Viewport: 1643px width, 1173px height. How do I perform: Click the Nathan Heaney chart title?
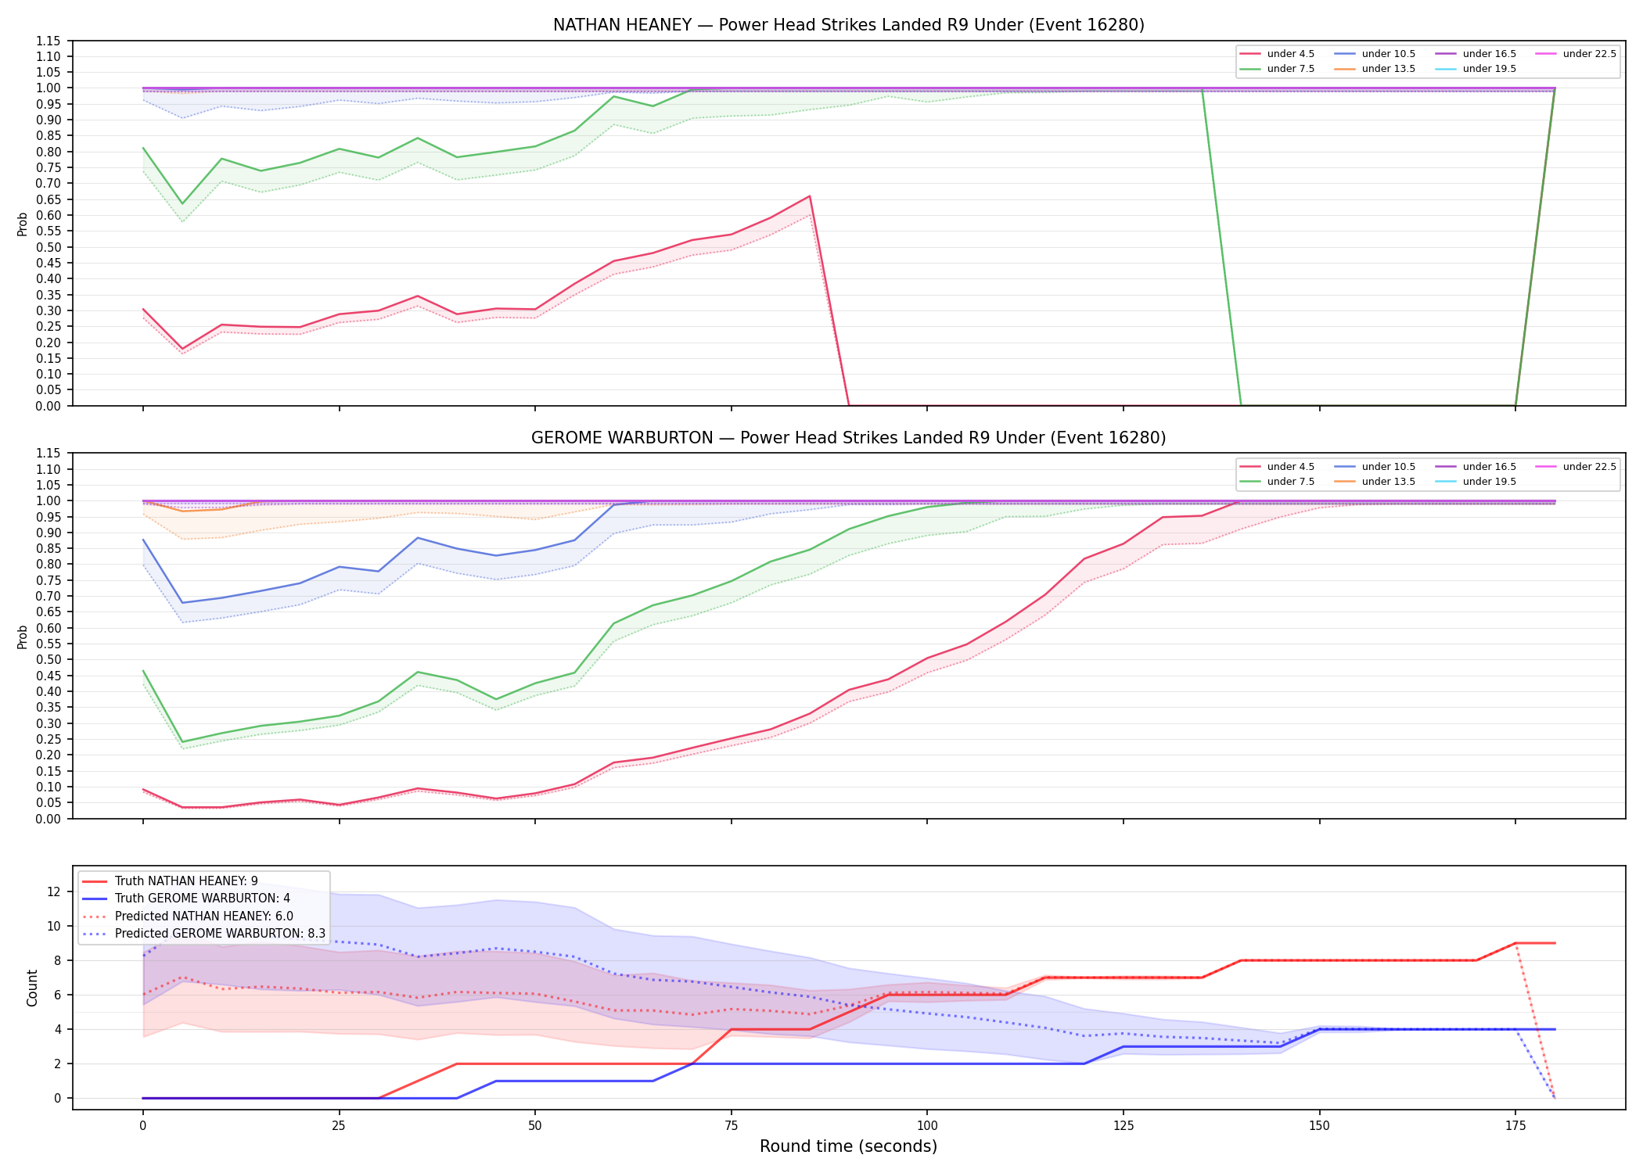coord(848,25)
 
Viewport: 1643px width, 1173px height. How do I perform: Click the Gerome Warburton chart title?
coord(848,438)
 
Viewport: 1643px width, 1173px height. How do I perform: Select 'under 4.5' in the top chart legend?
coord(1290,54)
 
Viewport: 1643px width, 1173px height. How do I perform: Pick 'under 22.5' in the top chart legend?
coord(1589,54)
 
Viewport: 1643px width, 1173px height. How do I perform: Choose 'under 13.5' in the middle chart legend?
coord(1388,482)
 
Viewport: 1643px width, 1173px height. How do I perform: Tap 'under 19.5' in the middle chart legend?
coord(1489,482)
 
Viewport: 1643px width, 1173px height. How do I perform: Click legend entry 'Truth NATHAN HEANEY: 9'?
coord(186,881)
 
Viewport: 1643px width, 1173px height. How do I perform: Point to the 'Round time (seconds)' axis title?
coord(848,1146)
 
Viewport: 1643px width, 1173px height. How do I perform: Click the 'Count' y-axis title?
coord(32,988)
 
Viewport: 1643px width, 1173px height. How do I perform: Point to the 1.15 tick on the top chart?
coord(49,41)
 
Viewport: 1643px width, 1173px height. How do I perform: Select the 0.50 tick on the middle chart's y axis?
coord(49,659)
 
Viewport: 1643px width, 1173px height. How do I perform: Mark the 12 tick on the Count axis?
coord(54,891)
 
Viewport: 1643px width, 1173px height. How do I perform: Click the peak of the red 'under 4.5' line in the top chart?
coord(809,196)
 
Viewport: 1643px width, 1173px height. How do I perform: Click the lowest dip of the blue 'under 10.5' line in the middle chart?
coord(182,603)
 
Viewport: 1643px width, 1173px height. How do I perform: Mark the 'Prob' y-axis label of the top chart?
coord(23,224)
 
